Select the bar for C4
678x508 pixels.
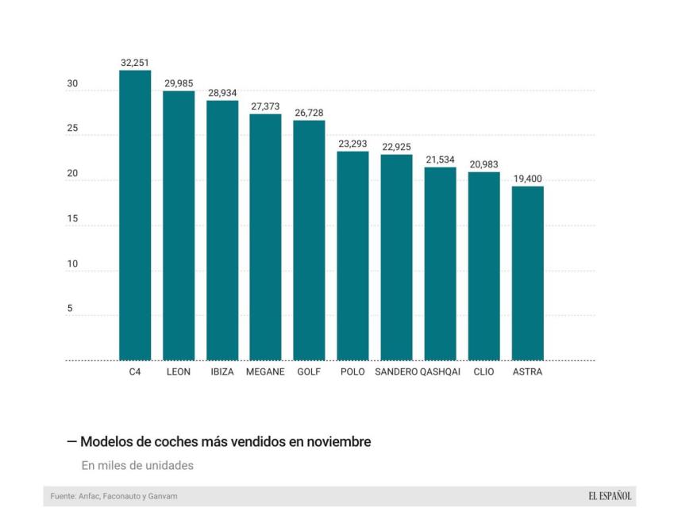tap(135, 215)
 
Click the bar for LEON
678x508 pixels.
tap(179, 225)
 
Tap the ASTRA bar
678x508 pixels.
tap(527, 273)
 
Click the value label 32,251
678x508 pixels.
tap(135, 62)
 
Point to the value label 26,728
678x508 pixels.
tap(309, 113)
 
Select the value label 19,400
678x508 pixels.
tap(527, 179)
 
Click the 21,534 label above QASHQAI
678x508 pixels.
tap(440, 160)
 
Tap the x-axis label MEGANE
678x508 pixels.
tap(265, 371)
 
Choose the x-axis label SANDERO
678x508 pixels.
tap(396, 371)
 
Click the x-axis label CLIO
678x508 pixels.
tap(483, 371)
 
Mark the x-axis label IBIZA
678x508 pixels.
tap(222, 371)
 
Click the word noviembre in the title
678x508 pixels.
tap(339, 441)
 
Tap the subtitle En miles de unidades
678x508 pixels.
tap(137, 465)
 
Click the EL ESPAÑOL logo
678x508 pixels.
tap(610, 496)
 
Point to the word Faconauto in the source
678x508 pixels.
tap(121, 496)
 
